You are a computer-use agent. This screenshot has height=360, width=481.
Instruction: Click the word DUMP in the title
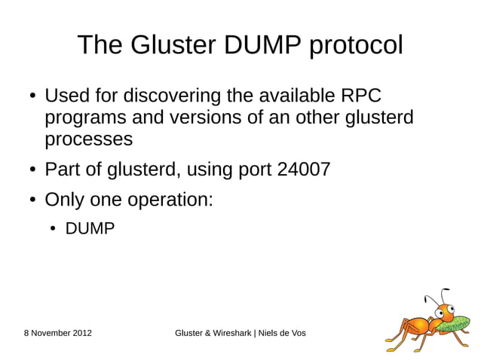click(259, 45)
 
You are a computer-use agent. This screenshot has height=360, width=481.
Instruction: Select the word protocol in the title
click(356, 45)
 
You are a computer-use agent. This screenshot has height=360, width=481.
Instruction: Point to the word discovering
click(174, 97)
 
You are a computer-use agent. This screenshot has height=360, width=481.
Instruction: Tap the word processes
click(89, 140)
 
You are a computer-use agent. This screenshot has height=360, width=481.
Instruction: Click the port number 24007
click(304, 169)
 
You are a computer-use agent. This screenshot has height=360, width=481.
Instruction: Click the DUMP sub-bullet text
click(90, 228)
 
